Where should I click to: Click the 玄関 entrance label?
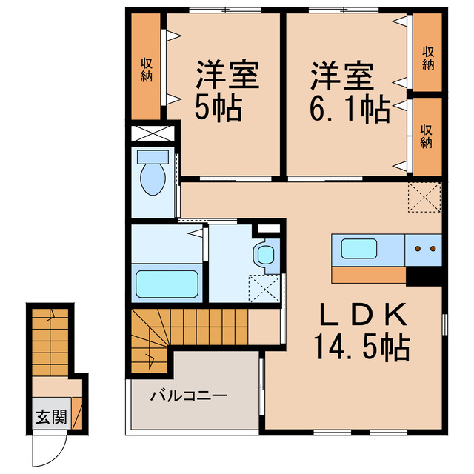[x=50, y=417]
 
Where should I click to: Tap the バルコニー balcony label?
[x=189, y=395]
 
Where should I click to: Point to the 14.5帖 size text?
[x=361, y=347]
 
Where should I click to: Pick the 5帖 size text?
[x=218, y=110]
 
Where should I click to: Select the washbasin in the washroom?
[x=264, y=254]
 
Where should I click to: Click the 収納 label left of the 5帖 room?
[x=147, y=66]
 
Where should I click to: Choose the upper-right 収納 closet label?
[x=427, y=58]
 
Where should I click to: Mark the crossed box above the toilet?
[x=154, y=134]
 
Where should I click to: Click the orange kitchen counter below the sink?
[x=368, y=274]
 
